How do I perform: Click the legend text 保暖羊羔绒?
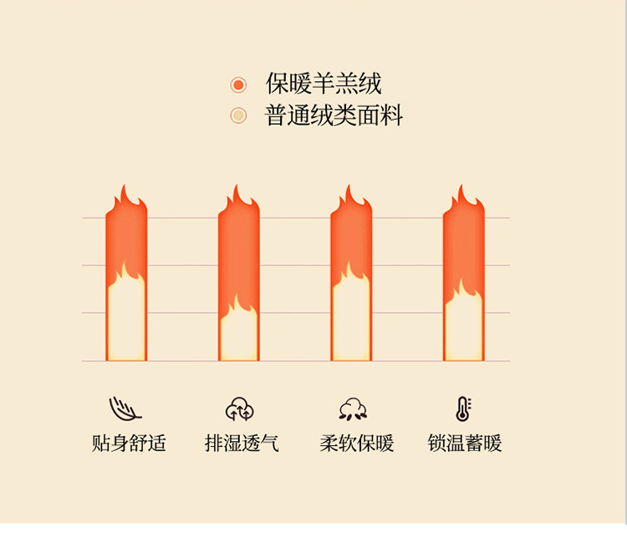click(x=324, y=84)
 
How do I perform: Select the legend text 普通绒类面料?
click(x=334, y=116)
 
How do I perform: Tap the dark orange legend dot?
click(x=238, y=85)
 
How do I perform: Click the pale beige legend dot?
click(x=238, y=116)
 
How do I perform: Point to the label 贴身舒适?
click(x=129, y=443)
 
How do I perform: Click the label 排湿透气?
click(x=242, y=443)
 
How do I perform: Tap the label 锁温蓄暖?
click(x=465, y=443)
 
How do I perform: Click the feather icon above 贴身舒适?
click(x=125, y=408)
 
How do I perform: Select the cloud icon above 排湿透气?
click(x=239, y=408)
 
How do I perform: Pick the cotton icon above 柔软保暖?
click(x=353, y=408)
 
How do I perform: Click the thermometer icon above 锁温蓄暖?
click(x=462, y=408)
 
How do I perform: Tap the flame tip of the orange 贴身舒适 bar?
click(x=125, y=194)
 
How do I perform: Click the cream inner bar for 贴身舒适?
click(x=126, y=322)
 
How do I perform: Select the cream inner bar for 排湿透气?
click(x=239, y=336)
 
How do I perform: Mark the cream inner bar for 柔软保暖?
click(x=351, y=322)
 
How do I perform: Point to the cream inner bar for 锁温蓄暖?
click(x=464, y=331)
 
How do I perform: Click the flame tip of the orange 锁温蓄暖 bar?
click(x=462, y=194)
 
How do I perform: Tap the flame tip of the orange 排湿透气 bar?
click(x=237, y=194)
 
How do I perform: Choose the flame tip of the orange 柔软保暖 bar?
click(x=349, y=194)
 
